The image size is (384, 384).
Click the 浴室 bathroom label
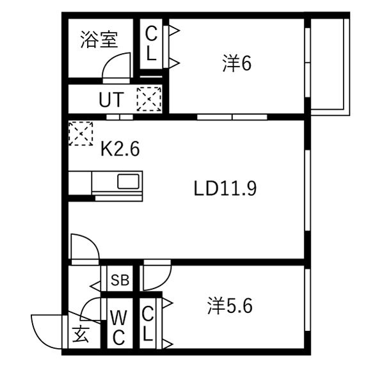click(x=99, y=39)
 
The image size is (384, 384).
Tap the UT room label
click(x=111, y=100)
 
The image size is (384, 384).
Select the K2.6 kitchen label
click(x=120, y=149)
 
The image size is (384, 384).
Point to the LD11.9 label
click(x=225, y=188)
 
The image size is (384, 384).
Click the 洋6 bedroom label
click(x=237, y=63)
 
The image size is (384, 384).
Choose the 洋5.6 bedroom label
click(x=230, y=306)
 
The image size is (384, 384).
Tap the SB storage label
click(x=120, y=280)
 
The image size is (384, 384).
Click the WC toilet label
click(x=119, y=328)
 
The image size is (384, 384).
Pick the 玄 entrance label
click(x=81, y=334)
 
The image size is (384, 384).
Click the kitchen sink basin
click(x=129, y=182)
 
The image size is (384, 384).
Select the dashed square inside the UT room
click(x=149, y=99)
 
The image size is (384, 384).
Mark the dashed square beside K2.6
click(x=81, y=134)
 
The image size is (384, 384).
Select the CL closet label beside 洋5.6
click(x=148, y=324)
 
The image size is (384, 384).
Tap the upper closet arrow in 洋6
click(x=174, y=31)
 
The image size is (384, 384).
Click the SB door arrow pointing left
click(x=95, y=286)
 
